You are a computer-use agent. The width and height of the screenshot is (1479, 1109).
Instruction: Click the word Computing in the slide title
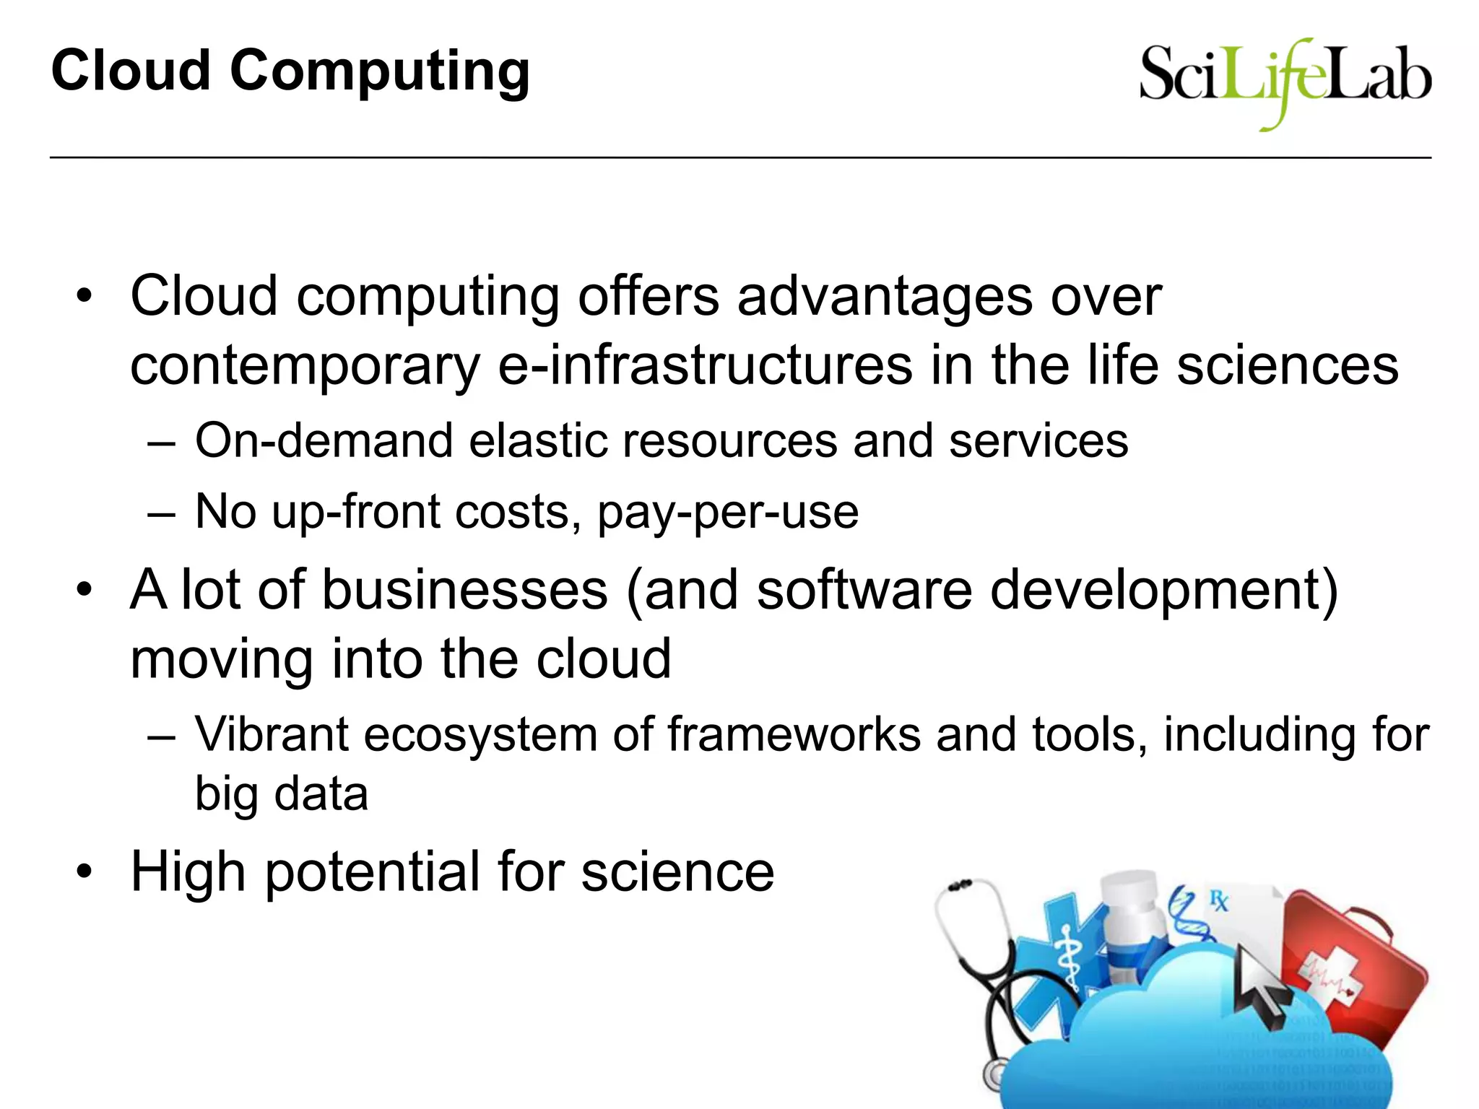(380, 72)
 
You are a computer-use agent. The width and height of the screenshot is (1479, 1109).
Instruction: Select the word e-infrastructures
(705, 365)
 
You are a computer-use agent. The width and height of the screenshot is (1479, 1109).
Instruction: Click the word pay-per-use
(728, 512)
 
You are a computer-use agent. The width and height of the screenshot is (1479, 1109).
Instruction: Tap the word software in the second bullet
(864, 590)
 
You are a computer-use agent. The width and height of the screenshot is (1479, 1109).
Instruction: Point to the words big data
(282, 794)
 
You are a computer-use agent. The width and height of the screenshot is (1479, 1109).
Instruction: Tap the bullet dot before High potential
(84, 872)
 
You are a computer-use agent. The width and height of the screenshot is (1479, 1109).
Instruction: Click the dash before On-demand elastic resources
(161, 442)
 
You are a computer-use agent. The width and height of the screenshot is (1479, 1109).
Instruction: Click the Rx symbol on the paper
(1219, 900)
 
